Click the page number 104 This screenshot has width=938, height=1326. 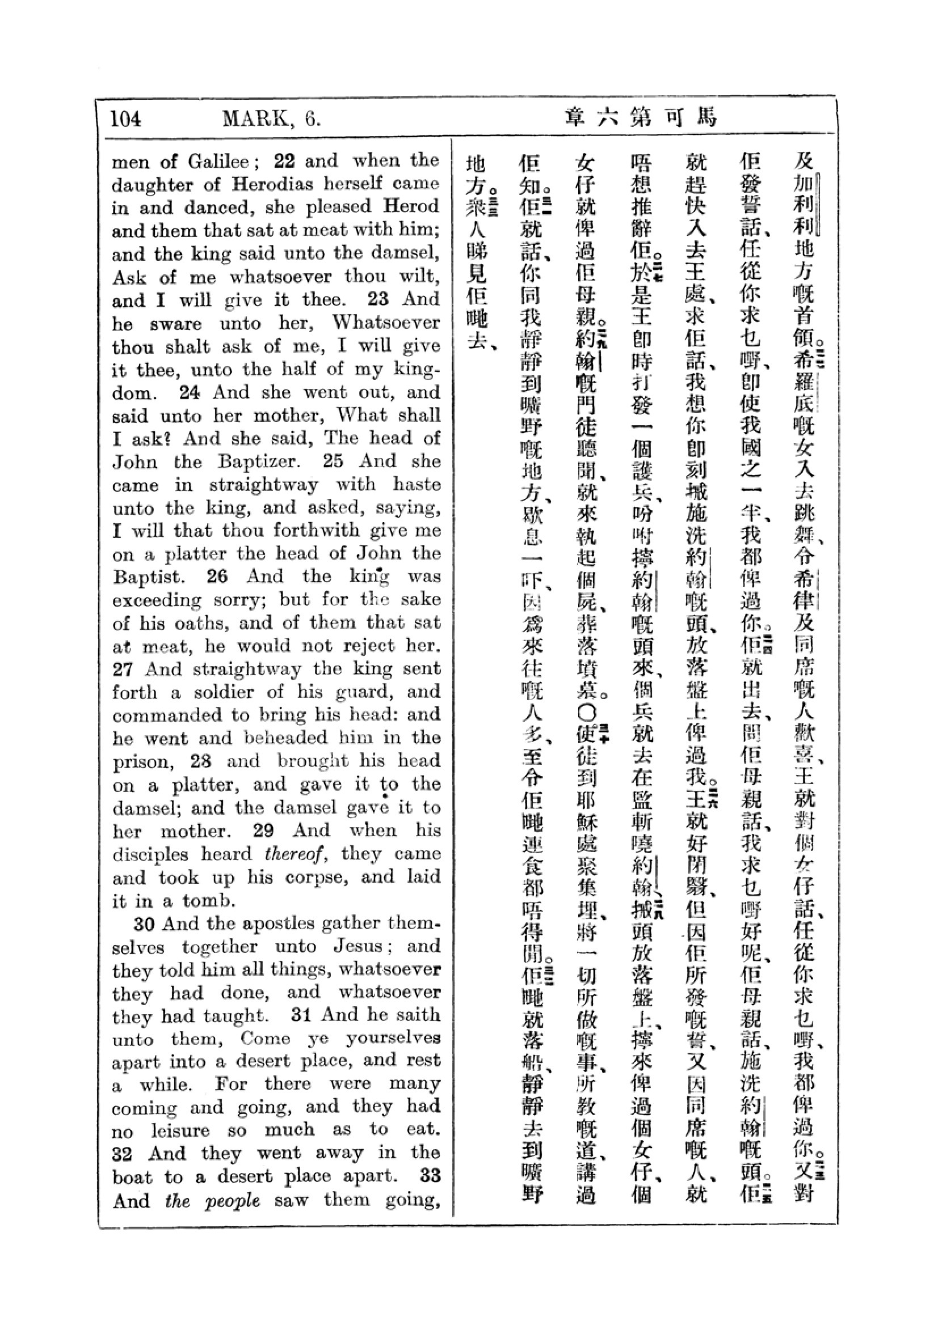click(125, 118)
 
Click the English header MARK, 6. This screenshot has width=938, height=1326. click(271, 118)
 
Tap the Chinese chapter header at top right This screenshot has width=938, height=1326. click(640, 118)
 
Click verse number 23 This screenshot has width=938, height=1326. click(378, 299)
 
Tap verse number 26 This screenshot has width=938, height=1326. click(218, 577)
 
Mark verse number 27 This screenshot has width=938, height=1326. click(123, 670)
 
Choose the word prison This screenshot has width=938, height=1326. click(142, 762)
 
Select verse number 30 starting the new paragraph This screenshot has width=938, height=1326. click(145, 924)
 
